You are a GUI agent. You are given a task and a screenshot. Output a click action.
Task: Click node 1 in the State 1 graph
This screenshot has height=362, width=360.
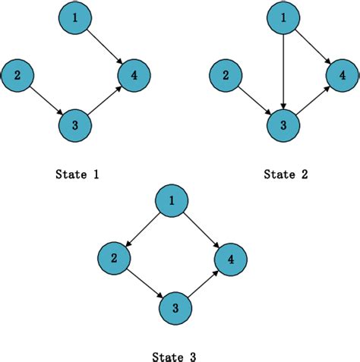point(74,17)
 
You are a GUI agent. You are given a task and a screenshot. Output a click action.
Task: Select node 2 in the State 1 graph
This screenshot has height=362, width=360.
point(18,74)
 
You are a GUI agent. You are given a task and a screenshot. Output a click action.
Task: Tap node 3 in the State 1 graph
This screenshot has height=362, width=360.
point(74,125)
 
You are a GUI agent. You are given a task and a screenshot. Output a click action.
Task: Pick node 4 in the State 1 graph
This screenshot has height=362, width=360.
point(134,74)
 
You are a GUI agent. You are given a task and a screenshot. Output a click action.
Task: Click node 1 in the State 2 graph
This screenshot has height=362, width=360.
point(282,17)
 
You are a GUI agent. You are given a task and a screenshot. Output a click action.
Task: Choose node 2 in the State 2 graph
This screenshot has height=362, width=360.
point(226,74)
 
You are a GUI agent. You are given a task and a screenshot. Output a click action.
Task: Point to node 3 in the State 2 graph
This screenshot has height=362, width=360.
point(282,125)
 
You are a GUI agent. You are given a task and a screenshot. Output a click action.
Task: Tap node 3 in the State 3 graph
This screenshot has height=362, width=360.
point(175,309)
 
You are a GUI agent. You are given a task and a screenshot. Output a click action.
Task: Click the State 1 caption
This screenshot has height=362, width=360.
point(77,175)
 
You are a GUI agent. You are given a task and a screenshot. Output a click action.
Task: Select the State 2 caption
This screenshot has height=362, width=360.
point(286,175)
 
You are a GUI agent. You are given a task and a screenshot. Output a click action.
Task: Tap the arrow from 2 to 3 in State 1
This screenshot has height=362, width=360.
point(46,100)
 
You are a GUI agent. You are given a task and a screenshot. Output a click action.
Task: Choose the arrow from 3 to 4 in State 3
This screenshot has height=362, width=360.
point(203,285)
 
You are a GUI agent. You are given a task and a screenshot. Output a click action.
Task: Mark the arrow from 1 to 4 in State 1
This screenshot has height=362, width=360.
point(104,46)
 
